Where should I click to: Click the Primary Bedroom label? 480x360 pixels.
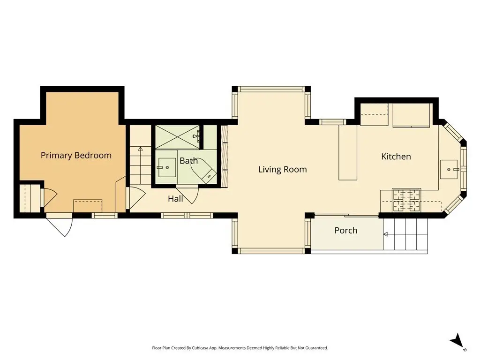tap(76, 156)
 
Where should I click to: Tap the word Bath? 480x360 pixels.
tap(188, 161)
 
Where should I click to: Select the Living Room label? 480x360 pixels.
tap(282, 169)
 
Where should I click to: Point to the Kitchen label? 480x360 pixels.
tap(396, 157)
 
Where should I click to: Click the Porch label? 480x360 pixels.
tap(345, 230)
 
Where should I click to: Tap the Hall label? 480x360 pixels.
tap(175, 199)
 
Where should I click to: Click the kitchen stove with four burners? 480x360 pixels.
tap(406, 201)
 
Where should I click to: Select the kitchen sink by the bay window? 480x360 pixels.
tap(449, 169)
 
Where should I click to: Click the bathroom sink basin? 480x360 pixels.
tap(167, 167)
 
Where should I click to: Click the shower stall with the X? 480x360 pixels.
tap(177, 137)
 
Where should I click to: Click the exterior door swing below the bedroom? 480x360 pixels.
tap(61, 226)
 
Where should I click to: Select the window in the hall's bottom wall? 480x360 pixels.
tap(187, 216)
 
